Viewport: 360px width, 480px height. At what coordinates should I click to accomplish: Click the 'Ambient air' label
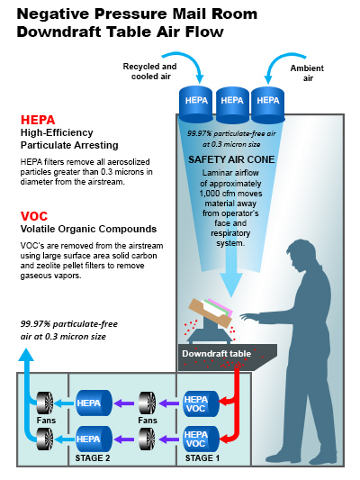[x=307, y=73]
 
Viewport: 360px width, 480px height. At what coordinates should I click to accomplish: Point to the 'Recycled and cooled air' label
[x=150, y=71]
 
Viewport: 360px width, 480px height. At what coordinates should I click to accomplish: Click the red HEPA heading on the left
[x=38, y=120]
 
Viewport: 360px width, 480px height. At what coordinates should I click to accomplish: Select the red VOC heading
[x=34, y=216]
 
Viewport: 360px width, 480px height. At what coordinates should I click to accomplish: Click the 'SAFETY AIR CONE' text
[x=231, y=159]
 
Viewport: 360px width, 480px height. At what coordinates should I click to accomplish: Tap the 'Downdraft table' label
[x=217, y=354]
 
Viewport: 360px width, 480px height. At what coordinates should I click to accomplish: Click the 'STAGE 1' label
[x=202, y=458]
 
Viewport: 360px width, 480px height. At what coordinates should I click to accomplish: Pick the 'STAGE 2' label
[x=93, y=458]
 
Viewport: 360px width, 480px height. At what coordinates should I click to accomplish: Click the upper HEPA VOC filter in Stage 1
[x=201, y=403]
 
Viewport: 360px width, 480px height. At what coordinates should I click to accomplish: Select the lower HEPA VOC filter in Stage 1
[x=201, y=439]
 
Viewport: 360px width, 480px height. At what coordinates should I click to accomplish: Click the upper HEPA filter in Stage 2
[x=94, y=403]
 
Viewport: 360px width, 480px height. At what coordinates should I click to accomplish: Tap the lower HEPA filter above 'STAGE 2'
[x=94, y=439]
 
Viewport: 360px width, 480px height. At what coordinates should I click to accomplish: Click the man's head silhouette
[x=302, y=255]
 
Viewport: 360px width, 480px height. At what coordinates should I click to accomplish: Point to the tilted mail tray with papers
[x=211, y=312]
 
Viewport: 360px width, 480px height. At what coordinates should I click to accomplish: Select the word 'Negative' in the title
[x=52, y=14]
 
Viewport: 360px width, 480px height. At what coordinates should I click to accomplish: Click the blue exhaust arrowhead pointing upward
[x=26, y=355]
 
